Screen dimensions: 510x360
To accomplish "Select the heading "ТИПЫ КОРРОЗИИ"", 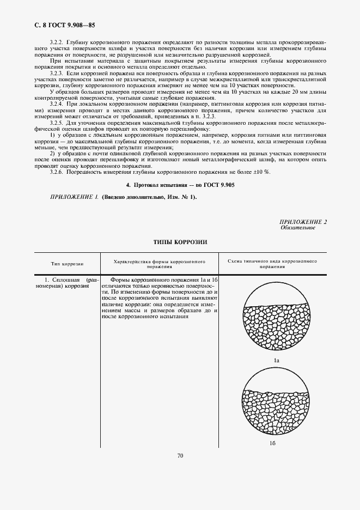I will click(180, 241).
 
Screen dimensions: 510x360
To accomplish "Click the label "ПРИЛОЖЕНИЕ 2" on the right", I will click(303, 222).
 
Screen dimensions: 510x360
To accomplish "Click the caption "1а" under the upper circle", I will click(276, 361).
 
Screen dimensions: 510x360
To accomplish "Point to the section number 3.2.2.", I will click(57, 42).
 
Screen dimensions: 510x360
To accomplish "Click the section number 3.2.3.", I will click(57, 72).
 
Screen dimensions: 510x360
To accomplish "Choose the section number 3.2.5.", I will click(57, 124).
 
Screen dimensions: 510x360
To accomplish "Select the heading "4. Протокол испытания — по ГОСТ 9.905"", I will click(180, 185).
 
